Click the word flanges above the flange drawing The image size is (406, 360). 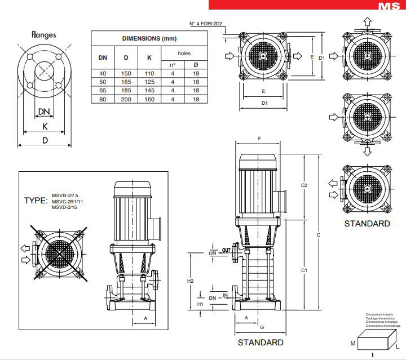(x=47, y=34)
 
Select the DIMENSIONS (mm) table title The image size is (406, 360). (x=145, y=38)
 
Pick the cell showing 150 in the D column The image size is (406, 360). (x=126, y=73)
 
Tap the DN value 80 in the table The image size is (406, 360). (x=103, y=99)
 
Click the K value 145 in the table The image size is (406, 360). (x=149, y=90)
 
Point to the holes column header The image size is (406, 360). (x=184, y=54)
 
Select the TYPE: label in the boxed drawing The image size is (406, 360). (x=36, y=201)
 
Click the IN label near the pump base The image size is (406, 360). (x=226, y=295)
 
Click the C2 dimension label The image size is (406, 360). (x=304, y=185)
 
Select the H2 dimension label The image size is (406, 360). (x=190, y=281)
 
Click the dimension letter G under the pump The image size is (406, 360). (x=262, y=327)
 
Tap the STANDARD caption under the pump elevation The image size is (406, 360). (x=260, y=342)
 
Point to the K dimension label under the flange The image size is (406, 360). (x=45, y=126)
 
